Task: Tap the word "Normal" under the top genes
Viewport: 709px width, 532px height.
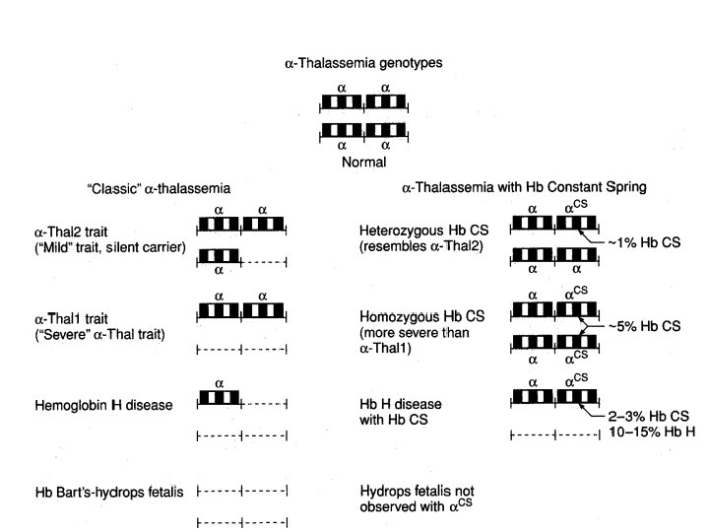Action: point(362,162)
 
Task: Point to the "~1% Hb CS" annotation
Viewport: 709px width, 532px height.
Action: point(645,241)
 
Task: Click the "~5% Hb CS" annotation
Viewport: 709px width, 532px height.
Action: point(645,325)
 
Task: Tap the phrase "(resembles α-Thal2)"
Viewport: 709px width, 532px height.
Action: point(420,246)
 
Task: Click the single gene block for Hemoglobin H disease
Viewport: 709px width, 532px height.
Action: point(219,398)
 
